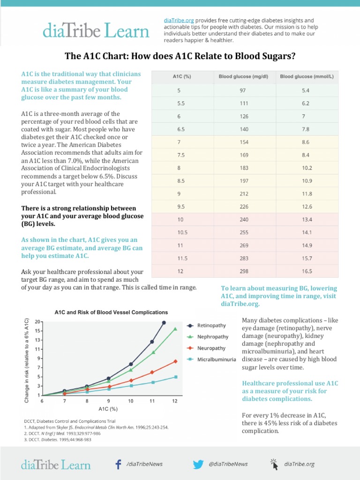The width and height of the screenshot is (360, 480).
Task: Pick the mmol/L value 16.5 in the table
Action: click(307, 271)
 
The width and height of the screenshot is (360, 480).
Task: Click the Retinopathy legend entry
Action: click(211, 325)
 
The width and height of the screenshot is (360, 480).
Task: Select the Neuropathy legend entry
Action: click(211, 348)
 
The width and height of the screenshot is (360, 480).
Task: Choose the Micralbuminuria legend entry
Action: click(216, 360)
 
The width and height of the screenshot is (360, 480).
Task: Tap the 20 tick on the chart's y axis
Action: click(37, 322)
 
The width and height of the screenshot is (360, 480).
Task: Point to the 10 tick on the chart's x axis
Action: click(131, 401)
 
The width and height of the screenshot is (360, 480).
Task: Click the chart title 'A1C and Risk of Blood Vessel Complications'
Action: click(111, 312)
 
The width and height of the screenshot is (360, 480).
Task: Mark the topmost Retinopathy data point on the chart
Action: click(164, 322)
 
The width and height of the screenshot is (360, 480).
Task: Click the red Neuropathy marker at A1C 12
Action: click(175, 361)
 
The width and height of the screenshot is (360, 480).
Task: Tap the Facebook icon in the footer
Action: click(119, 464)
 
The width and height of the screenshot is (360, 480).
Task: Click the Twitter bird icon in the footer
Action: click(199, 464)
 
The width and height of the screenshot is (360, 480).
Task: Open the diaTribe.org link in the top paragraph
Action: click(178, 21)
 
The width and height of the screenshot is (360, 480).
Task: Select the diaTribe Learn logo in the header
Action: click(96, 31)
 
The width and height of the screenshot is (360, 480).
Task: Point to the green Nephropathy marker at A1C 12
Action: click(175, 329)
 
